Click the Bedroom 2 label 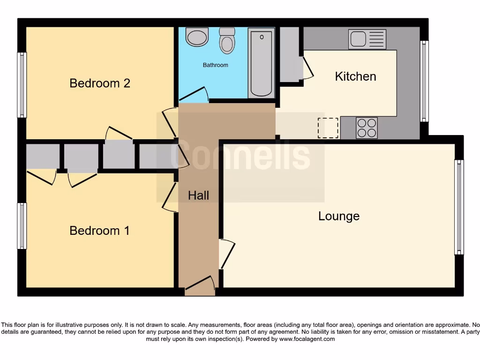[x=100, y=83]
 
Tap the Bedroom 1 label [x=100, y=231]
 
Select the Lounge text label [x=339, y=216]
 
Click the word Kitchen [x=355, y=76]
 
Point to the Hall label [x=198, y=195]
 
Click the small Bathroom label [x=215, y=65]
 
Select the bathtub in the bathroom [x=261, y=63]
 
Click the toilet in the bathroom [x=227, y=41]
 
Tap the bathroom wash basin [x=197, y=37]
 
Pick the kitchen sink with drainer [x=367, y=39]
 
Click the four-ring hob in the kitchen [x=367, y=127]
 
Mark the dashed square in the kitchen [x=328, y=128]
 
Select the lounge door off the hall [x=226, y=254]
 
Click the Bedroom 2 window [x=22, y=85]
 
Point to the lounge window [x=459, y=207]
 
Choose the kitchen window [x=424, y=81]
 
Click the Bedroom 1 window [x=22, y=225]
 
